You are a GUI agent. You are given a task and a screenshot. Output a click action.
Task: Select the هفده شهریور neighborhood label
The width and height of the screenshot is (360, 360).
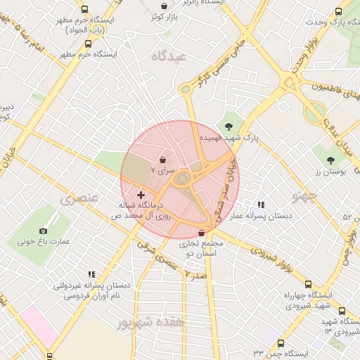[150, 323]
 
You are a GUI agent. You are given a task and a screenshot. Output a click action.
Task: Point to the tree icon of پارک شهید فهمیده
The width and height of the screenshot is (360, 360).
[229, 127]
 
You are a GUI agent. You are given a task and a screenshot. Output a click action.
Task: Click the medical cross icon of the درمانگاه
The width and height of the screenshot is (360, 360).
[141, 194]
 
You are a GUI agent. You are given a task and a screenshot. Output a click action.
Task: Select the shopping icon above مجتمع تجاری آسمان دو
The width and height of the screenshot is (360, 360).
[202, 233]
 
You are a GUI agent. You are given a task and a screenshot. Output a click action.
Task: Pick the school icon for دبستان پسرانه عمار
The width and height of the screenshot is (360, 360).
[261, 205]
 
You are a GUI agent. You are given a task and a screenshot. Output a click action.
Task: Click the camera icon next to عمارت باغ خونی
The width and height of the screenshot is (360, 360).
[44, 231]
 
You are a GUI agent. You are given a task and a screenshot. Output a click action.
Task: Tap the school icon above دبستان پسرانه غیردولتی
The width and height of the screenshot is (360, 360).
[91, 275]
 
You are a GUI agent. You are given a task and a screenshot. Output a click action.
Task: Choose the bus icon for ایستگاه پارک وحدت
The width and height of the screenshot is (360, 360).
[338, 12]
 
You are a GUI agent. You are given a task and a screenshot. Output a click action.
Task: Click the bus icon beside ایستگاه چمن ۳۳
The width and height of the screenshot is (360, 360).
[281, 343]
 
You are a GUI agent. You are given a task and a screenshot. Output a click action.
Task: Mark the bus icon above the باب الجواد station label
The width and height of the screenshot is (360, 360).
[85, 10]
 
